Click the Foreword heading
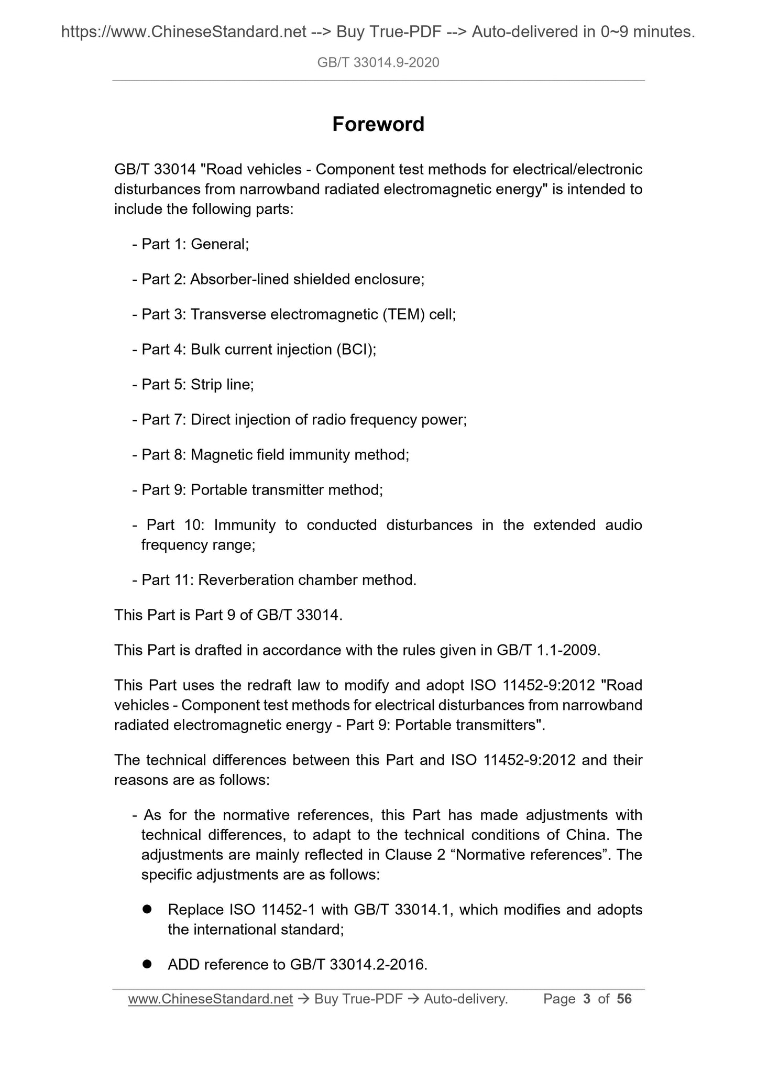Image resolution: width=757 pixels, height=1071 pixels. click(x=378, y=124)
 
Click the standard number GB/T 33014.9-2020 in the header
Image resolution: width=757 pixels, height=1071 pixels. click(x=378, y=63)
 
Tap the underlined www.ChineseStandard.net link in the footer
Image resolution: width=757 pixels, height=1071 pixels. click(x=210, y=999)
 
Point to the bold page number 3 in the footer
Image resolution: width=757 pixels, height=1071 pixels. click(x=587, y=999)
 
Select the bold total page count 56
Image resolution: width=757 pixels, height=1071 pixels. click(x=624, y=999)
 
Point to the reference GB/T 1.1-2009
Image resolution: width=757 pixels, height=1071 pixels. click(x=547, y=650)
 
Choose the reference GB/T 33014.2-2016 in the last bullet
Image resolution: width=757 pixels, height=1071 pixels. click(x=357, y=965)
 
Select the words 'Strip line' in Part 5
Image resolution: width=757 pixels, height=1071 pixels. click(x=222, y=385)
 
